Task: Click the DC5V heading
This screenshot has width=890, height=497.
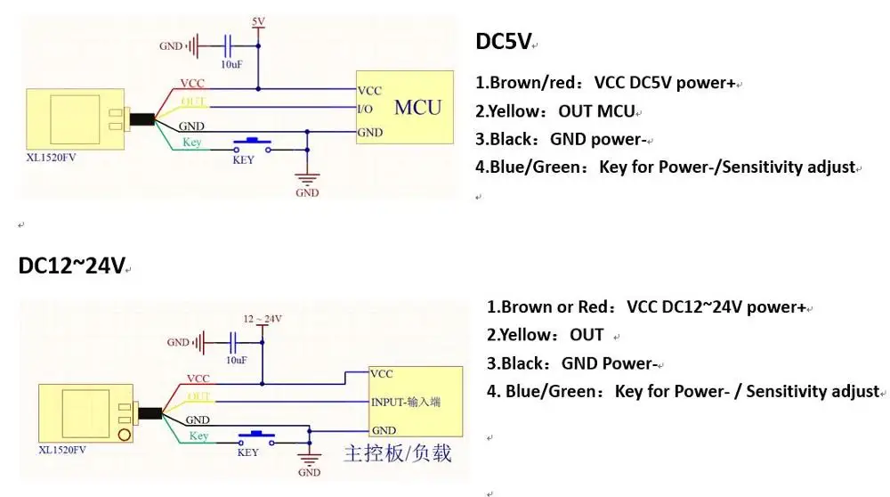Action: [504, 42]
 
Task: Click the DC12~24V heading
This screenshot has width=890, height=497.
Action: [71, 265]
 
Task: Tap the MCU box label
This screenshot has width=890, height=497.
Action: [417, 108]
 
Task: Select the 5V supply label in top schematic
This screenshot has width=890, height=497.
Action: [258, 20]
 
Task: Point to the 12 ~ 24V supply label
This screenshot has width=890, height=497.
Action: [262, 319]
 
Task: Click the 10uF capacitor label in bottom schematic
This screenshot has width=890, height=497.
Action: [236, 360]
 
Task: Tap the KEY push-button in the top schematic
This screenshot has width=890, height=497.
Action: [252, 144]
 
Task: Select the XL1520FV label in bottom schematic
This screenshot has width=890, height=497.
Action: [64, 452]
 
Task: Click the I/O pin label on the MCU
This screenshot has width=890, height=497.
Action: [365, 109]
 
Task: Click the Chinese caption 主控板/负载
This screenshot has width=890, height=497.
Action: [397, 454]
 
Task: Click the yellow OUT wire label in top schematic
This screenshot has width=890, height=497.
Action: [193, 101]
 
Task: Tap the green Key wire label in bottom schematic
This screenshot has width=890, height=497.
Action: [198, 436]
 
